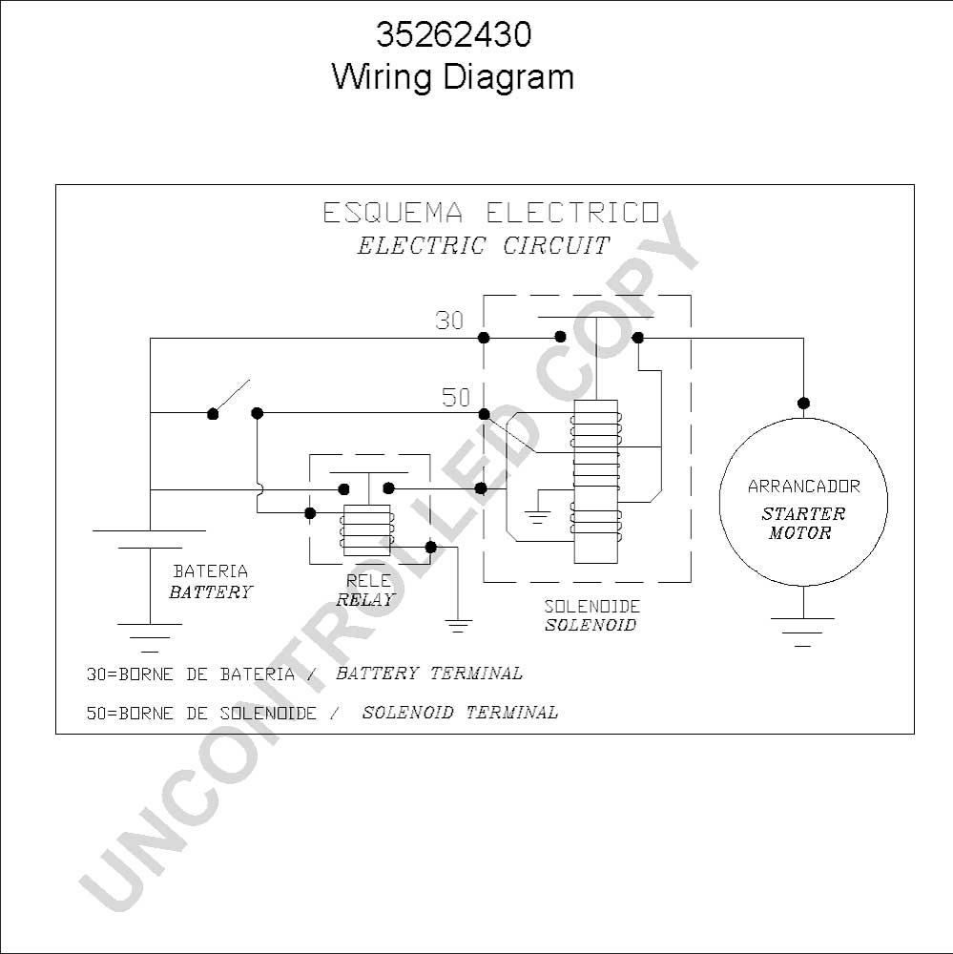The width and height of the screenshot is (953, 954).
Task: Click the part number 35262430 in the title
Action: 454,34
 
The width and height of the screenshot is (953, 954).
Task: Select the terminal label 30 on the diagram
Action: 449,321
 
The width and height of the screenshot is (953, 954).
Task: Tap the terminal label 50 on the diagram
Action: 456,397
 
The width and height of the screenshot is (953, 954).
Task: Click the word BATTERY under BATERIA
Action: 211,592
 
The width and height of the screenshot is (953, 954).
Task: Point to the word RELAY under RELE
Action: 365,600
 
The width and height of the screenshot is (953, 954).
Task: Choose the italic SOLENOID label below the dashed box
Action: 590,625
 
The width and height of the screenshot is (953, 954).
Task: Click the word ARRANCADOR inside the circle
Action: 804,487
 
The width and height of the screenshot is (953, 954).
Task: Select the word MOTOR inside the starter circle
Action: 799,533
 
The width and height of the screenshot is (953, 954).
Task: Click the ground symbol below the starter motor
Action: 802,633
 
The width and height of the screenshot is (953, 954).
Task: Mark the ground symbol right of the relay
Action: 458,626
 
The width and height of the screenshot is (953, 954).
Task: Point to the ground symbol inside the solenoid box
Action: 537,516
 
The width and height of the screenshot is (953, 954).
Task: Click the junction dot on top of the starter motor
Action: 803,403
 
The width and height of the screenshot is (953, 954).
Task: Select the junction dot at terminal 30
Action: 484,338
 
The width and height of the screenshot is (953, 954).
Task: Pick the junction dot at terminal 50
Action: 484,414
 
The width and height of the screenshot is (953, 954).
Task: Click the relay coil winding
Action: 367,529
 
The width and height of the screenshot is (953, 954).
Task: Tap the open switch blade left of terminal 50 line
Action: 231,397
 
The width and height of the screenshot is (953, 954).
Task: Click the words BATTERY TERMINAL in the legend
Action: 429,674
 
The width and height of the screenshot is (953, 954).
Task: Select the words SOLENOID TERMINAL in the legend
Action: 460,713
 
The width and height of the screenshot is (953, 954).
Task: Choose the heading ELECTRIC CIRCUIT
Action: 483,246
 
